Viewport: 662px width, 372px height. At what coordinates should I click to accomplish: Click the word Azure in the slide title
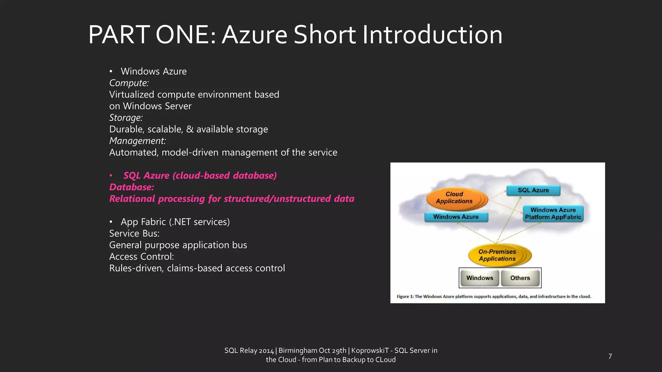tap(254, 35)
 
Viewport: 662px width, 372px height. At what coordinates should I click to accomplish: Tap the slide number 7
tap(610, 356)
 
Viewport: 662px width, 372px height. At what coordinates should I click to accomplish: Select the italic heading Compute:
tap(129, 83)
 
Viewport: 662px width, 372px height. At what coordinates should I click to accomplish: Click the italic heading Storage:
tap(126, 118)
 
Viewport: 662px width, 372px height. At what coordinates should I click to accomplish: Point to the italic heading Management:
tap(137, 141)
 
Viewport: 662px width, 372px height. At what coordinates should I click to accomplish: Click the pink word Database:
tap(132, 187)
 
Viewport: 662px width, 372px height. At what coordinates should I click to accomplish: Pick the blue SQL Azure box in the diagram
tap(533, 190)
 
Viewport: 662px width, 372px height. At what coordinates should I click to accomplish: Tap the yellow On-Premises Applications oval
tap(497, 255)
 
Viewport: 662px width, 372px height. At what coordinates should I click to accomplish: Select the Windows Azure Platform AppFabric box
tap(553, 213)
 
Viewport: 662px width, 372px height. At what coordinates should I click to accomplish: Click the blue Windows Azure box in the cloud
tap(456, 217)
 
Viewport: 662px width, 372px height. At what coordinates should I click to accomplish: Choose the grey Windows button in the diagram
tap(479, 278)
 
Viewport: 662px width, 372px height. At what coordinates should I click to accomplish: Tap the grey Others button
tap(520, 278)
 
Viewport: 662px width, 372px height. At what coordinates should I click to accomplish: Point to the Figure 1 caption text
tap(494, 296)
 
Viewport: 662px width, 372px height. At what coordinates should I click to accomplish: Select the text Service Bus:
tap(134, 233)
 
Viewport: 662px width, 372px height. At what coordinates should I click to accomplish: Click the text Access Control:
tap(142, 257)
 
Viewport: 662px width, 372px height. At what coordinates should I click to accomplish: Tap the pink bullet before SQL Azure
tap(111, 176)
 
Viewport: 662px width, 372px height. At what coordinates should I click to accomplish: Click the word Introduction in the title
tap(432, 35)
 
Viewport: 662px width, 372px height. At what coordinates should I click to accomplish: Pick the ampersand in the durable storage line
tap(190, 129)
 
